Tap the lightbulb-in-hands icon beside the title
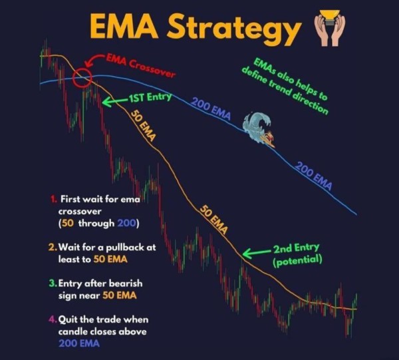coord(330,27)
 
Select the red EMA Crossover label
coord(140,65)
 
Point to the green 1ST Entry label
coord(150,98)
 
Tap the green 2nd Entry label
coord(296,248)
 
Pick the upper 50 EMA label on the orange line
coord(143,125)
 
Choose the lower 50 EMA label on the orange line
coord(213,219)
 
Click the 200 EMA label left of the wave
coord(211,108)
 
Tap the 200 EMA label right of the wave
coord(314,176)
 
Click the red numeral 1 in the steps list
coord(53,199)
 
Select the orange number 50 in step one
coord(68,224)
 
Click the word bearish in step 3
coord(126,283)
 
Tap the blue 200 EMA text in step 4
coord(79,343)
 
